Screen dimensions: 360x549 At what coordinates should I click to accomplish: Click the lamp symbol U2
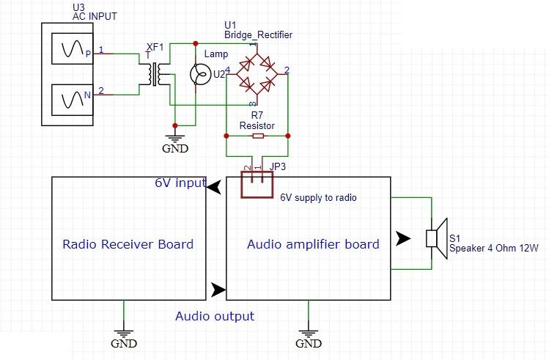tap(196, 74)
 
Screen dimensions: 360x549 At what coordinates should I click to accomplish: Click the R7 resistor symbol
tap(257, 136)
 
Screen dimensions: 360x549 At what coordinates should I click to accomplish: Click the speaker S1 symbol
tap(437, 239)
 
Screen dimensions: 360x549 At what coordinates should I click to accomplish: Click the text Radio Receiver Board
tap(128, 244)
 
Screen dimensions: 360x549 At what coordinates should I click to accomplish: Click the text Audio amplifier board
tap(313, 244)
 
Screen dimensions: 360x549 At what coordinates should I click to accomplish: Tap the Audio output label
tap(215, 316)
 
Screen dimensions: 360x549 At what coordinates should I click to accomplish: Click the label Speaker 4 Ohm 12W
tap(494, 249)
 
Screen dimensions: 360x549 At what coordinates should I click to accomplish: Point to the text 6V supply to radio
tap(318, 198)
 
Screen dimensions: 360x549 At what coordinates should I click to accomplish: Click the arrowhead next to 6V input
tap(213, 189)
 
